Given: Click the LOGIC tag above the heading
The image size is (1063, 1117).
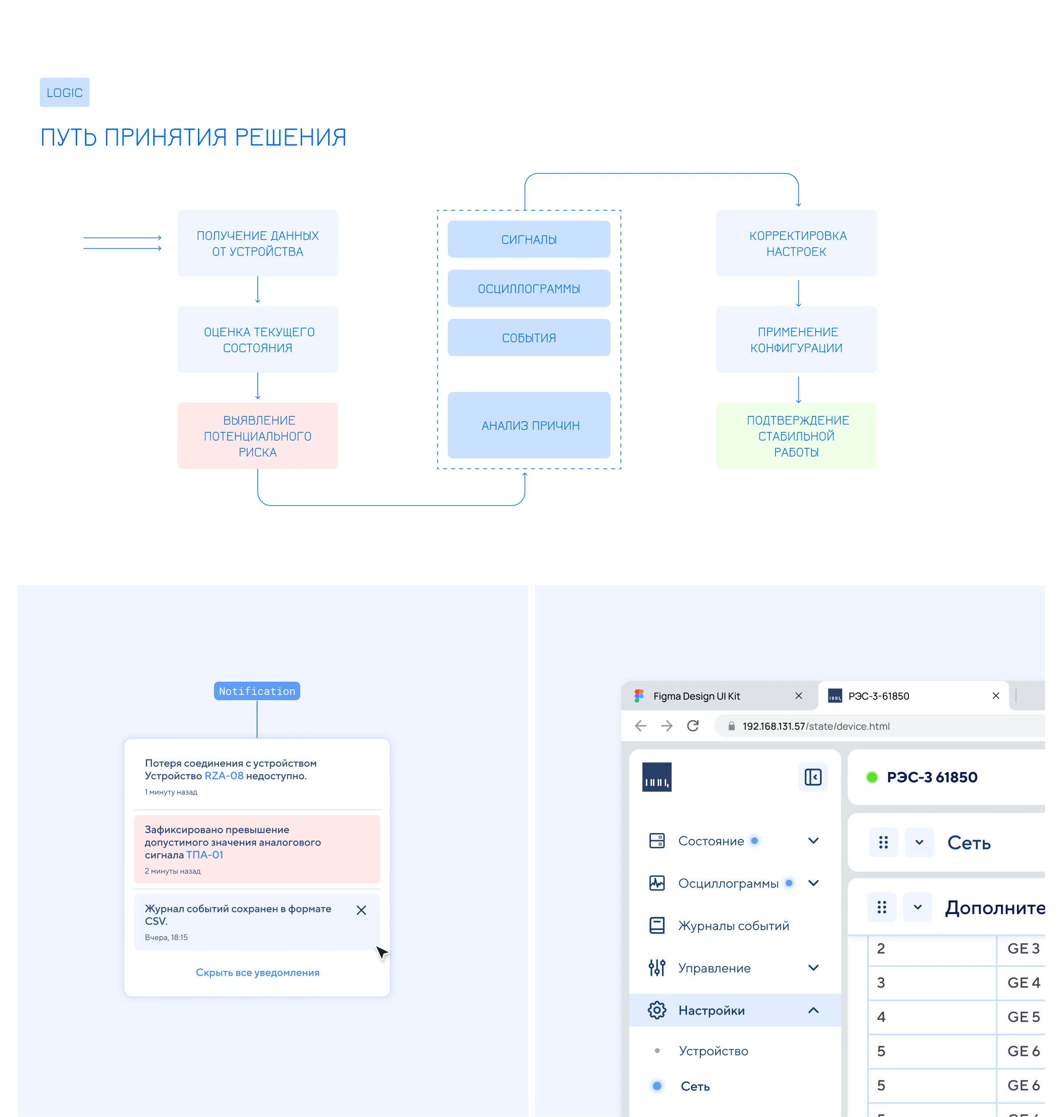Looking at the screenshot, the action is pos(65,93).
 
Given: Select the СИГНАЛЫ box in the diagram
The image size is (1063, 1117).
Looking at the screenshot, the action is pos(529,239).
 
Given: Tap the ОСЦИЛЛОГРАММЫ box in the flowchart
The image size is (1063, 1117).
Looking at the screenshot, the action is pos(529,288).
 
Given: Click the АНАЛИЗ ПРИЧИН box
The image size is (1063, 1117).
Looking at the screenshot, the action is pos(529,425).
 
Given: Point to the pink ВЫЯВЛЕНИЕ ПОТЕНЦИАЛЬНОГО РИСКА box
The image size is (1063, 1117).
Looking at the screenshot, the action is pos(258,436).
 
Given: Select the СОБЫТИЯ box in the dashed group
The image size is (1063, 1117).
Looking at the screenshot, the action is pos(529,338).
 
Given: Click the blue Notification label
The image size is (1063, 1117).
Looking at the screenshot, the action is pos(257,691).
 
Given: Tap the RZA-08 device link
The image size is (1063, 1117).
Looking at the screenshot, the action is pos(224,776).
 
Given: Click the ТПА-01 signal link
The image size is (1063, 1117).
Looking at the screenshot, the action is pos(205,855).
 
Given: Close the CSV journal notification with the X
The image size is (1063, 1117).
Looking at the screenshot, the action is pos(361,910).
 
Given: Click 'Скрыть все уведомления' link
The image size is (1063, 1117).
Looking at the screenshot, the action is pos(258,973).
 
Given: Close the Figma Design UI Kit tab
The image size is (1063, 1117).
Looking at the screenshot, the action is pos(799,695).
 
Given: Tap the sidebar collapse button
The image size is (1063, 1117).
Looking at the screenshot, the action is pos(813,777).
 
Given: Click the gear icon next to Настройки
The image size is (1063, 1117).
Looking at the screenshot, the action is pos(657,1010).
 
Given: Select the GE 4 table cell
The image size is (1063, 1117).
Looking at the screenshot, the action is pos(1023,983).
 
